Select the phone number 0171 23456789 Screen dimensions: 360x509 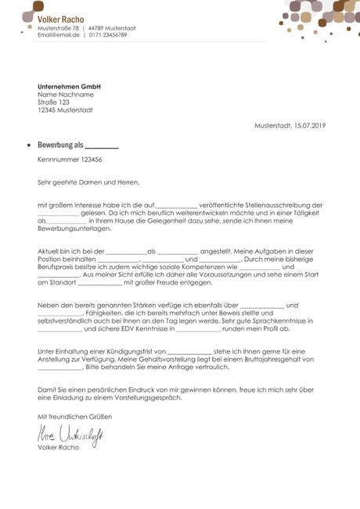(108, 35)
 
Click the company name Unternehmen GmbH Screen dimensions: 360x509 (70, 86)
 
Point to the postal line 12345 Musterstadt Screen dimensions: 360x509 (65, 110)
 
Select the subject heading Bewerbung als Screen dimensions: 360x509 (60, 145)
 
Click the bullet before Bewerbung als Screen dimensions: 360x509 (29, 145)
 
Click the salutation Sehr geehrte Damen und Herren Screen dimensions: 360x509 (88, 182)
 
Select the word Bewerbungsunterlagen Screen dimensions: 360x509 (75, 232)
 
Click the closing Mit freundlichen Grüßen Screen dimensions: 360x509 (70, 418)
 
